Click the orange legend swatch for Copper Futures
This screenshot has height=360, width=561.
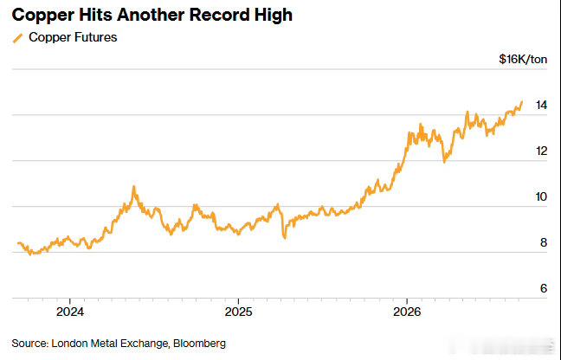click(17, 38)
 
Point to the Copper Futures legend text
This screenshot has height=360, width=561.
click(73, 37)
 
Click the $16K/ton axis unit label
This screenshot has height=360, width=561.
click(523, 59)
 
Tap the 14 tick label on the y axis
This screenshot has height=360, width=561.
click(541, 105)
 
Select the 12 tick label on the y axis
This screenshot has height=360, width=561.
click(541, 151)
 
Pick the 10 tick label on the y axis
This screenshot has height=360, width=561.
click(541, 196)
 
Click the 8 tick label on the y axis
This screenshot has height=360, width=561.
click(544, 242)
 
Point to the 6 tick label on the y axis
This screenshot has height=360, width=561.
click(544, 288)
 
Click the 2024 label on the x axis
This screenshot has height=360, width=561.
click(70, 312)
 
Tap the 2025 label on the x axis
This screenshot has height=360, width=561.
click(238, 312)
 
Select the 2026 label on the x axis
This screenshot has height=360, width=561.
click(407, 312)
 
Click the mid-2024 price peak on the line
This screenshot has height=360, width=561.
click(134, 187)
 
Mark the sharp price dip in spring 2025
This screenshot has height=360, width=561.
click(285, 237)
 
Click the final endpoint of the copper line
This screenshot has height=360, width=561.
click(522, 102)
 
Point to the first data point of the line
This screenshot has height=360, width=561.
click(18, 243)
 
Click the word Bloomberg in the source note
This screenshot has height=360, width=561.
click(199, 344)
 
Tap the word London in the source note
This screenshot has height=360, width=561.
click(69, 344)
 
